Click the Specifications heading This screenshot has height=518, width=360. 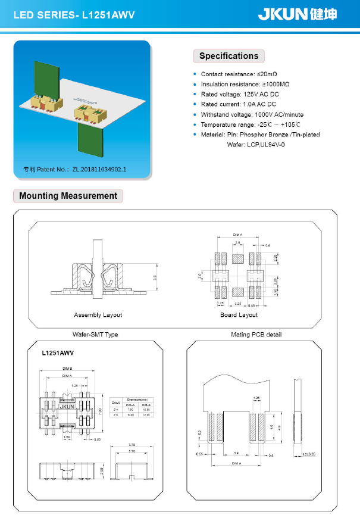pyautogui.click(x=228, y=56)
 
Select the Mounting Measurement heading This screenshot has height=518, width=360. pyautogui.click(x=68, y=196)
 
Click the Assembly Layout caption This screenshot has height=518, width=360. pyautogui.click(x=98, y=314)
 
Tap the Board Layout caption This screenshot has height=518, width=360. pyautogui.click(x=239, y=314)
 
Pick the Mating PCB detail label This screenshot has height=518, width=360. pyautogui.click(x=256, y=335)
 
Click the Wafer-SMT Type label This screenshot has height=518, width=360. pyautogui.click(x=95, y=335)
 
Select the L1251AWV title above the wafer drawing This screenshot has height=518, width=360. pyautogui.click(x=58, y=353)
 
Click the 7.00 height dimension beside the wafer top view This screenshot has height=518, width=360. pyautogui.click(x=101, y=410)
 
